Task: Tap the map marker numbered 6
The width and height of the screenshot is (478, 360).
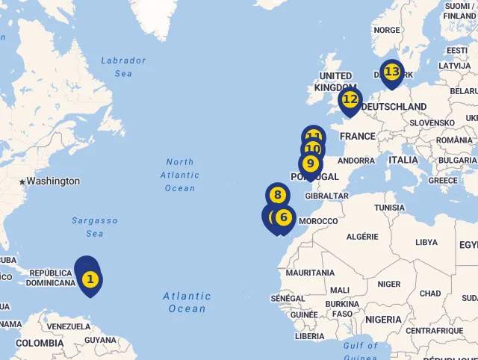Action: [283, 217]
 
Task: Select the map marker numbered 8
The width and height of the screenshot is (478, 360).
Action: [277, 196]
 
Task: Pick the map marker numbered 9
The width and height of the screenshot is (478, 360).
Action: [310, 163]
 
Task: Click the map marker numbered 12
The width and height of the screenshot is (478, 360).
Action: [350, 99]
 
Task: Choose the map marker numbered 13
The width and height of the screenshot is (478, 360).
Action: [391, 72]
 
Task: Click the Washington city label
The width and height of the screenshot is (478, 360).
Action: [53, 181]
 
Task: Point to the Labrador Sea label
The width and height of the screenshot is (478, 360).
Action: [123, 66]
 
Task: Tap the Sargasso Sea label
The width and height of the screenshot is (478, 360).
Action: [95, 227]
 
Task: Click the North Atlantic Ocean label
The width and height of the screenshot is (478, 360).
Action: [180, 175]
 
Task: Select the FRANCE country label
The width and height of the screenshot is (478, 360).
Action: [358, 136]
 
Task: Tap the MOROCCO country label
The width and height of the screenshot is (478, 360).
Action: [318, 221]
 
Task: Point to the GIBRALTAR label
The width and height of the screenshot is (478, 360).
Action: [328, 196]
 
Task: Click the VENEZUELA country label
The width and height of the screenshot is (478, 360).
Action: [68, 326]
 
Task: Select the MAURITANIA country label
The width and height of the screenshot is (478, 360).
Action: [310, 273]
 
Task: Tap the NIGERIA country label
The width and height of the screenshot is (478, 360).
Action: [384, 319]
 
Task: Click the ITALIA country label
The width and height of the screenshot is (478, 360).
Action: [403, 160]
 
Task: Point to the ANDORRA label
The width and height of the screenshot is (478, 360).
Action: [357, 160]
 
